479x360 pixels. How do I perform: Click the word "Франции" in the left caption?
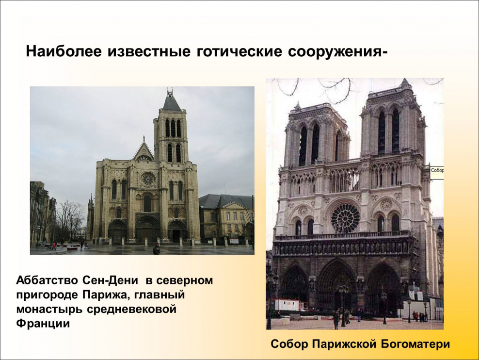43,324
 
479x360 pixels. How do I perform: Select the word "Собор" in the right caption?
289,344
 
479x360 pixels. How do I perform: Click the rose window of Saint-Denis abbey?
147,180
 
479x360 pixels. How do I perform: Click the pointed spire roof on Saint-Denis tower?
171,101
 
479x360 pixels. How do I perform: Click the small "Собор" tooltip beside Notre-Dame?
436,171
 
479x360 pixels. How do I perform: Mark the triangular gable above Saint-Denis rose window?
144,152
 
